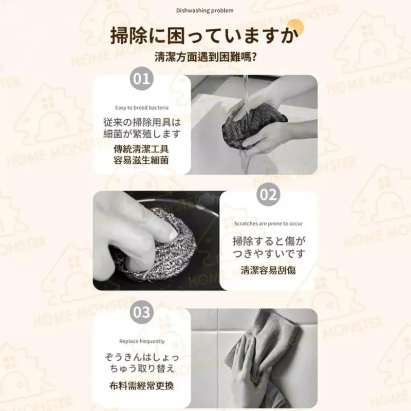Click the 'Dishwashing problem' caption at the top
point(204,11)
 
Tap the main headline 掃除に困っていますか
point(204,35)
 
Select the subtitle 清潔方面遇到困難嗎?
point(205,57)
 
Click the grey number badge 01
point(142,79)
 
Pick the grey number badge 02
point(268,195)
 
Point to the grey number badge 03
point(142,312)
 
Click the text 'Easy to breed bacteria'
point(142,108)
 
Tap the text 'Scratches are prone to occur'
point(268,223)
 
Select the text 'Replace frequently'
point(142,341)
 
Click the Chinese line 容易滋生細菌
point(141,160)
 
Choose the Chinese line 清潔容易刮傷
point(268,270)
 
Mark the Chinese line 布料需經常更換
point(142,386)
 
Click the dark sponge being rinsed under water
point(253,124)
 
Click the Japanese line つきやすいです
point(269,254)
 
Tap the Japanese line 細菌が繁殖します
point(142,134)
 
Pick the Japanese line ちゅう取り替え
point(142,368)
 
